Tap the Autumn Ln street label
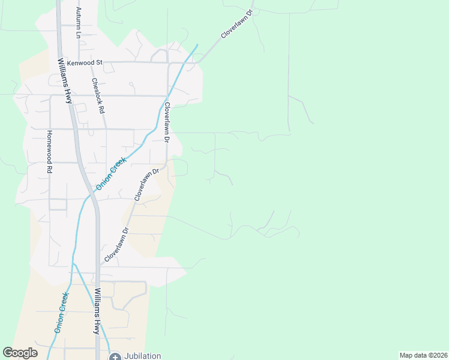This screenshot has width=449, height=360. [x=78, y=23]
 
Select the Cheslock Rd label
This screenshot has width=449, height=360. [x=97, y=96]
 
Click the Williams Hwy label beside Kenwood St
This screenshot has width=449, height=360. [x=65, y=82]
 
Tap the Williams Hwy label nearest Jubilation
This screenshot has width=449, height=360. [x=97, y=311]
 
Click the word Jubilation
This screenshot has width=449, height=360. [x=141, y=356]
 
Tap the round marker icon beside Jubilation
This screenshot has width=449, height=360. [x=115, y=356]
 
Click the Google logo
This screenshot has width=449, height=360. [x=20, y=353]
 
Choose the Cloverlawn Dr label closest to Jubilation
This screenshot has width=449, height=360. [x=116, y=244]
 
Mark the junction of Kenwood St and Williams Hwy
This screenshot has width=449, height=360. [x=59, y=61]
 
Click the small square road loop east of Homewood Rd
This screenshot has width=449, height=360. [x=58, y=204]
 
